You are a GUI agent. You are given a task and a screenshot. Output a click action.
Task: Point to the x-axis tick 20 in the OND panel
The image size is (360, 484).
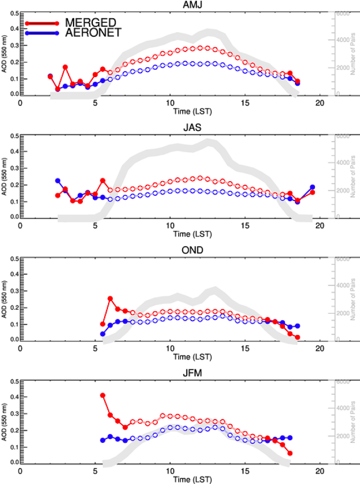[320, 349]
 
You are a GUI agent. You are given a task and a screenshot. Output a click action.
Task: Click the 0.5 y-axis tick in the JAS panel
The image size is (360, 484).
[14, 136]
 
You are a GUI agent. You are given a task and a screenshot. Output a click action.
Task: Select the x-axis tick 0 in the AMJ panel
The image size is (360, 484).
[20, 103]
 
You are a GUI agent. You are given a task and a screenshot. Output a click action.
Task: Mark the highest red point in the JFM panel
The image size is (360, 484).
[103, 395]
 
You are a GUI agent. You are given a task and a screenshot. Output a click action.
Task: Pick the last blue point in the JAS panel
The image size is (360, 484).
[312, 187]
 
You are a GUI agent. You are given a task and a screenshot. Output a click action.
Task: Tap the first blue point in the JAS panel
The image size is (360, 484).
[58, 181]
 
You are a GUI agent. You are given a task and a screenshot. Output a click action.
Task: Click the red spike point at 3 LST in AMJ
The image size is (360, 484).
[65, 67]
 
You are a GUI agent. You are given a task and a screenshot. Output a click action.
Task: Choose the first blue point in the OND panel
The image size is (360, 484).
[103, 334]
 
